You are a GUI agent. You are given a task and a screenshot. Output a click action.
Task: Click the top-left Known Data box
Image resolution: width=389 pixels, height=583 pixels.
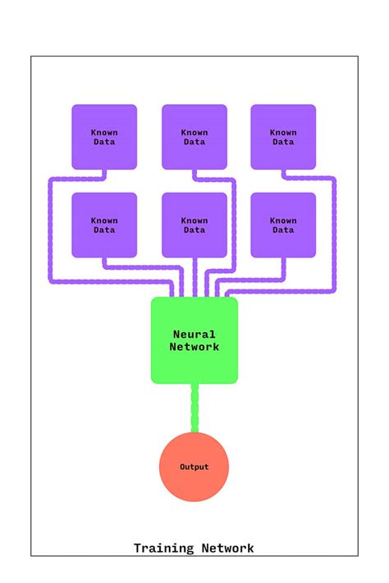click(104, 137)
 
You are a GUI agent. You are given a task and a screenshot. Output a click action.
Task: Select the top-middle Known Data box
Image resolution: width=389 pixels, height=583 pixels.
click(194, 137)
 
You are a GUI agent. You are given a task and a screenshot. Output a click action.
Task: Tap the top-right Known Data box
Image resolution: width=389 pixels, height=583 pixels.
click(283, 137)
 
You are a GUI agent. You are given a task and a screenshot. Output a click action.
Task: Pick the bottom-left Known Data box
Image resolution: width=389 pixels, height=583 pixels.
click(104, 225)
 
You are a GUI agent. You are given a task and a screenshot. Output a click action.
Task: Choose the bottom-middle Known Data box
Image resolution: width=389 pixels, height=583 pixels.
click(194, 225)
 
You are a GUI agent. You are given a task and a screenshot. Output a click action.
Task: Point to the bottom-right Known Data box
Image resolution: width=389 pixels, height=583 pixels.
click(283, 225)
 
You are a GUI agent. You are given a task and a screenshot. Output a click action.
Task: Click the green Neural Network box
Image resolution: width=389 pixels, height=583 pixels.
click(194, 340)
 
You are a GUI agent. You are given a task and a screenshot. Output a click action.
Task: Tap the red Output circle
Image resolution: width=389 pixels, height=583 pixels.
click(194, 467)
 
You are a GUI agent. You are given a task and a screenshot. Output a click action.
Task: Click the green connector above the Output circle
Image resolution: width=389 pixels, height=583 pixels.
click(194, 408)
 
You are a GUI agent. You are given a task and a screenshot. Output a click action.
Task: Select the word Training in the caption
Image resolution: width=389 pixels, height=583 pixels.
click(164, 549)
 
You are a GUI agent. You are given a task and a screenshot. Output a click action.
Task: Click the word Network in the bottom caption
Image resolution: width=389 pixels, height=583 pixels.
click(227, 549)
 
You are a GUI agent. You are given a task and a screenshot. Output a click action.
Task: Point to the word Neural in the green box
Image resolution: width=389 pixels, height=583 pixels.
click(194, 335)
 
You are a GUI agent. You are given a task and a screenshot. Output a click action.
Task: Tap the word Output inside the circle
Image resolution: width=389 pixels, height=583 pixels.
click(194, 467)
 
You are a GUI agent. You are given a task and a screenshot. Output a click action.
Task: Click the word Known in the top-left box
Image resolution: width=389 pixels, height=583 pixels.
click(104, 132)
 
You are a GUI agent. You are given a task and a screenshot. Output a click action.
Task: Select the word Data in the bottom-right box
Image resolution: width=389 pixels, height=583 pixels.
click(283, 230)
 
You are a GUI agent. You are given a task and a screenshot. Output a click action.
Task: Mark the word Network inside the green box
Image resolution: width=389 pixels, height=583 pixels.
click(194, 347)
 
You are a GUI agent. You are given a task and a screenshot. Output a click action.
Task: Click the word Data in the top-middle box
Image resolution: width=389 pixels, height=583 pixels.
click(194, 143)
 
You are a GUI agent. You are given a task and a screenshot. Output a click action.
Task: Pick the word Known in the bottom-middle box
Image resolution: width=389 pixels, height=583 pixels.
click(194, 220)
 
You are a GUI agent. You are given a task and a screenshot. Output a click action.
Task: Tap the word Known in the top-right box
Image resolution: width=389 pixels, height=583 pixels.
click(283, 132)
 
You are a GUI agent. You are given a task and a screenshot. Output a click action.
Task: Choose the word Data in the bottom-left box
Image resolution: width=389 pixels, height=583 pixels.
click(104, 230)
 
